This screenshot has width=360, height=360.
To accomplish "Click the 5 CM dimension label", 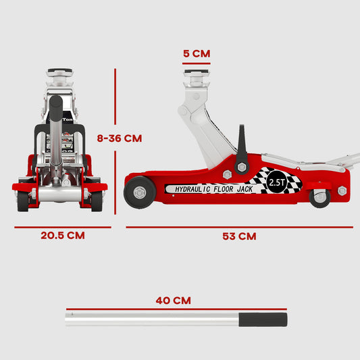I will click(x=196, y=53).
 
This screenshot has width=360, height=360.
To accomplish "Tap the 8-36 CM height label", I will click(x=119, y=138).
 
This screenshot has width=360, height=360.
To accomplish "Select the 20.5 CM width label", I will click(x=61, y=236).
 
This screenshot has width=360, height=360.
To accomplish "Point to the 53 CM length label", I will click(x=239, y=236).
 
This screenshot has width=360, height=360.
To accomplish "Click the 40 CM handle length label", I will click(x=173, y=300).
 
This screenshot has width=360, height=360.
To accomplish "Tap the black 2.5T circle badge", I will click(x=276, y=182).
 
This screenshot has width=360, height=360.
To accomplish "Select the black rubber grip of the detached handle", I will click(x=264, y=319).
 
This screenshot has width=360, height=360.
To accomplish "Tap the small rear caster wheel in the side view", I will click(x=320, y=198).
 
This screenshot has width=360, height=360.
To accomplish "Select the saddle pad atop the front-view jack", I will click(x=61, y=72).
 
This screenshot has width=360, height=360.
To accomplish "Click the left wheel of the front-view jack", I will click(x=23, y=200).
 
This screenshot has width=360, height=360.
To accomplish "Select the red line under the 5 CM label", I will click(x=196, y=63).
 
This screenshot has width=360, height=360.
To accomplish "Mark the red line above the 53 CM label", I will click(x=239, y=226).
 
